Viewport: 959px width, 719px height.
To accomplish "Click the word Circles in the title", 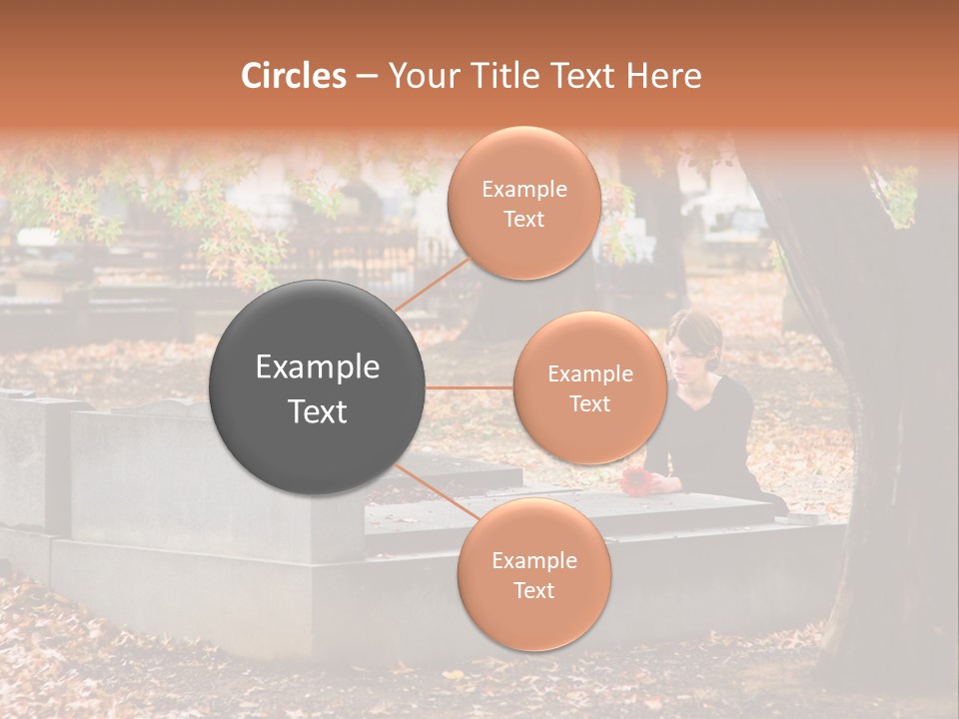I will pyautogui.click(x=293, y=76).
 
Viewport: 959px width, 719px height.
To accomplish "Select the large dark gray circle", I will pyautogui.click(x=318, y=388).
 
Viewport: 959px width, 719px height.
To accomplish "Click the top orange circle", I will pyautogui.click(x=523, y=203).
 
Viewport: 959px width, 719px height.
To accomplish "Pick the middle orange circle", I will pyautogui.click(x=589, y=387).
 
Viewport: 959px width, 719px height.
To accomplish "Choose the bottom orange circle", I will pyautogui.click(x=533, y=574).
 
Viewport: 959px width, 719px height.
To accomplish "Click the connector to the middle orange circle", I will pyautogui.click(x=470, y=387).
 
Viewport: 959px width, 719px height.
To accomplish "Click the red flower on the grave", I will pyautogui.click(x=635, y=481).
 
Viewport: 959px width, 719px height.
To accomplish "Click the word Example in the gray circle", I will pyautogui.click(x=318, y=367).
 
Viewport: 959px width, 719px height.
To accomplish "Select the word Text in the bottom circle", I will pyautogui.click(x=533, y=590).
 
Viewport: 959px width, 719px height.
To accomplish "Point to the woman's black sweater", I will pyautogui.click(x=713, y=429).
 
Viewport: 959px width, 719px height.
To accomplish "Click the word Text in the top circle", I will pyautogui.click(x=523, y=219).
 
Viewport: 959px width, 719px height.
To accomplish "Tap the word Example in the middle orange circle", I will pyautogui.click(x=589, y=373).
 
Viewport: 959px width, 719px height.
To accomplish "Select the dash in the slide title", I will pyautogui.click(x=367, y=76).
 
